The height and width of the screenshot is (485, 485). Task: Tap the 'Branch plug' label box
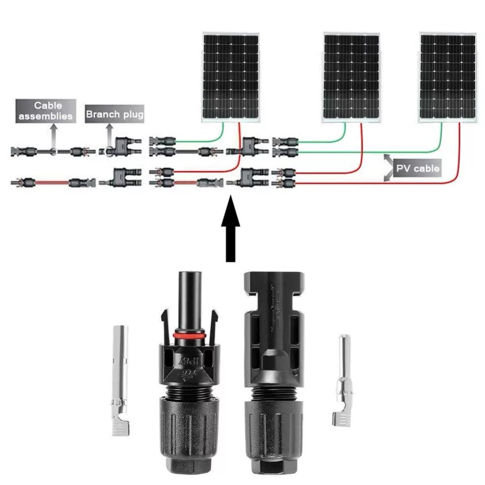tap(115, 114)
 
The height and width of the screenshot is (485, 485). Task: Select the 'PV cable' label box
tap(418, 168)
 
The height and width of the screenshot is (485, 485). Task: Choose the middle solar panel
tap(351, 77)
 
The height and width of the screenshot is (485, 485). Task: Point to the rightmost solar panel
tap(448, 77)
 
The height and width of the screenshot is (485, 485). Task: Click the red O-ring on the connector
tap(188, 335)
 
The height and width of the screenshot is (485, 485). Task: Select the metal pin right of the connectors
tap(345, 380)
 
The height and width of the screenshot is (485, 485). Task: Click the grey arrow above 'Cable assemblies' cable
tap(53, 135)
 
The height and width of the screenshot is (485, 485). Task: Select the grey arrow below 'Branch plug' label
tap(108, 135)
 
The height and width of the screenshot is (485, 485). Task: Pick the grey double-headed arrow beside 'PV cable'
tap(388, 167)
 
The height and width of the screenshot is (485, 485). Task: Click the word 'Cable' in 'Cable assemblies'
tap(48, 106)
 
